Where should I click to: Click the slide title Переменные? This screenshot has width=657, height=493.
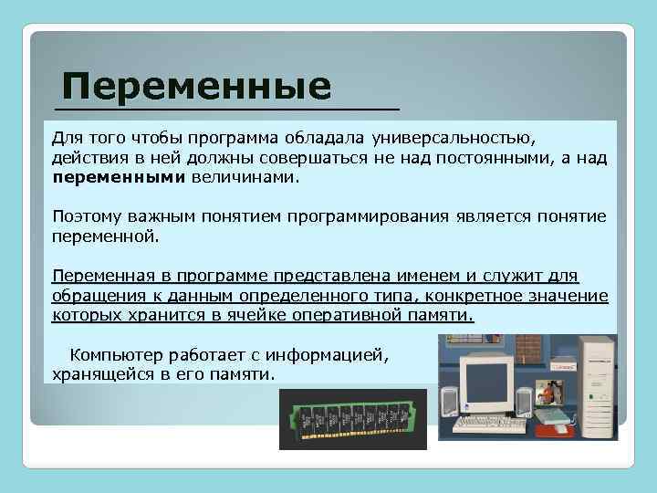click(x=196, y=88)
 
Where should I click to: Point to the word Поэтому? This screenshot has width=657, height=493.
click(x=88, y=216)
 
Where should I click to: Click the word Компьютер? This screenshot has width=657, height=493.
click(x=118, y=355)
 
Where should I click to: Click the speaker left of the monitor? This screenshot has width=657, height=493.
click(x=449, y=402)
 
